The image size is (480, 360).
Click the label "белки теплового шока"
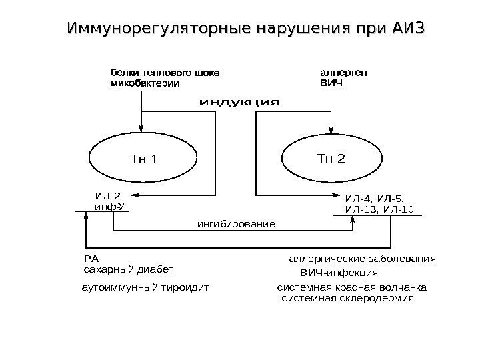point(164,71)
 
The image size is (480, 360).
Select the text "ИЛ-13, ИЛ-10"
point(379,209)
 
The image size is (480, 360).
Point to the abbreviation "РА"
point(91,259)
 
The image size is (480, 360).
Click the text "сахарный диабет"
point(128,270)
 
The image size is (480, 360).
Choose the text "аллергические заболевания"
point(362,259)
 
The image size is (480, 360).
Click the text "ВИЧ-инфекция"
point(339,273)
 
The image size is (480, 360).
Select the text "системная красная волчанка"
point(351,288)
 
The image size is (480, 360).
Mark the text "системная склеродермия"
point(348,299)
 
